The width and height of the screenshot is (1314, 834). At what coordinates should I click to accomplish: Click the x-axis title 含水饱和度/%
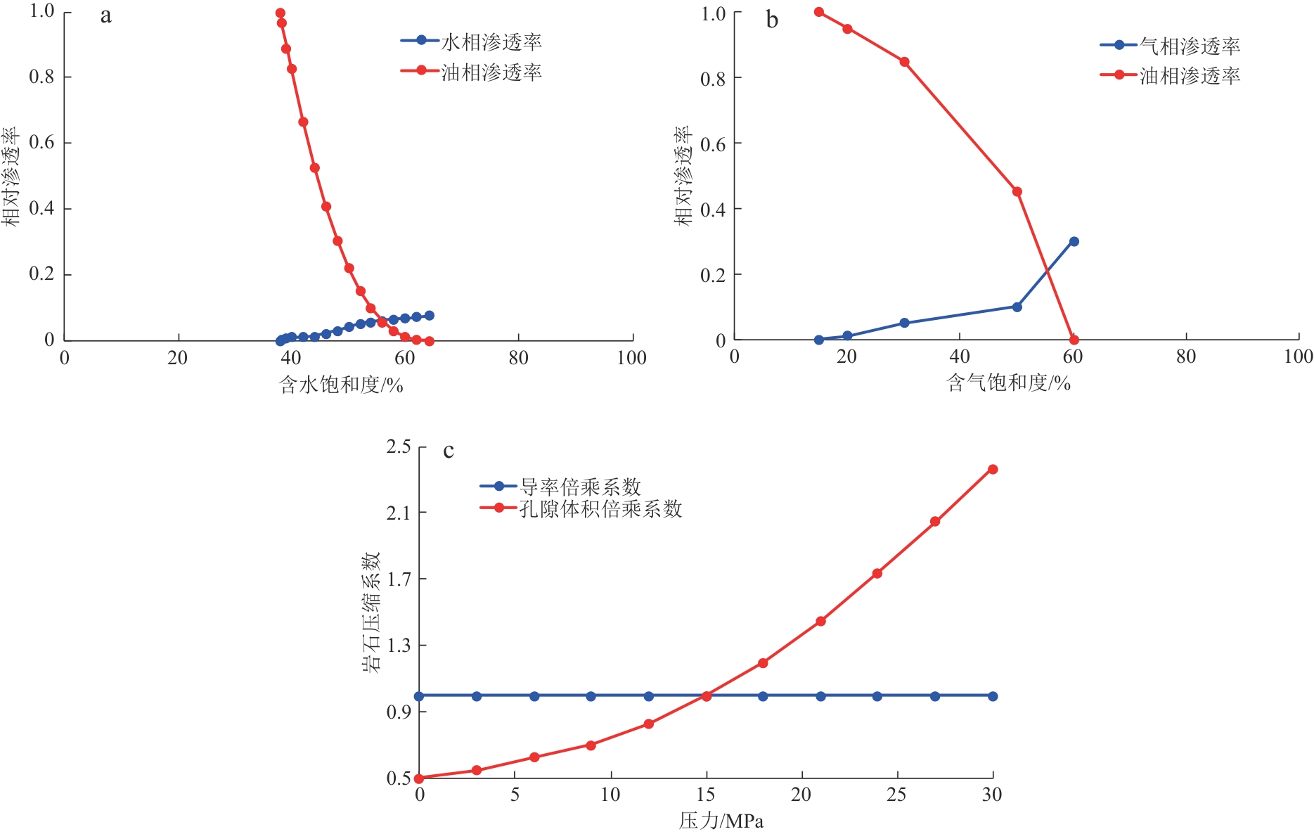point(341,385)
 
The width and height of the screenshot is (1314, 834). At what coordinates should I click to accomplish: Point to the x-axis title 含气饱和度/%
point(1008,383)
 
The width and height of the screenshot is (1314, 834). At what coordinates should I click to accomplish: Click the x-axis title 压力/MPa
point(721,821)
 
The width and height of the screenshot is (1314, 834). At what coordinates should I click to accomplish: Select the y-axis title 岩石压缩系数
point(371,612)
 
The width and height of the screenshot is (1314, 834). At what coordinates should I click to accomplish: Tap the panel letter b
point(772,20)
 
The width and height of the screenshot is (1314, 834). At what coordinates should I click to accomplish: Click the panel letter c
point(449,450)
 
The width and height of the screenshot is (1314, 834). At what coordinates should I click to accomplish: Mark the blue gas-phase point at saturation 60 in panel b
point(1074,241)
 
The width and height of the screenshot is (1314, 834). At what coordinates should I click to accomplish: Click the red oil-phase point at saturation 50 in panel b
point(1017,191)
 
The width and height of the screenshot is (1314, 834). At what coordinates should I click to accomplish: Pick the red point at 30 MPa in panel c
point(993,469)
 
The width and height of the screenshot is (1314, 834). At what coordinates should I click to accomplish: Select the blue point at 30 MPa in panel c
point(993,696)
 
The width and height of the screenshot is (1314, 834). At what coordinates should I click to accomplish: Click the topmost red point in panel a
point(280,13)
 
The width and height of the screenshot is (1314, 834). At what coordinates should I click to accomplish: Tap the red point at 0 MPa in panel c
point(419,778)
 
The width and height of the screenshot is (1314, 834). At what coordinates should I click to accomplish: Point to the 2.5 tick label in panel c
point(399,447)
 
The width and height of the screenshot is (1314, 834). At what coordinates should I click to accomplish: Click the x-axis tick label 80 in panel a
point(518,358)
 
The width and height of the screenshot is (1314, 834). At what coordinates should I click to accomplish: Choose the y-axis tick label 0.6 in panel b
point(712,144)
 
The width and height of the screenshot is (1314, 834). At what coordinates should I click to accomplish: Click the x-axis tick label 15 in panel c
point(705,795)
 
